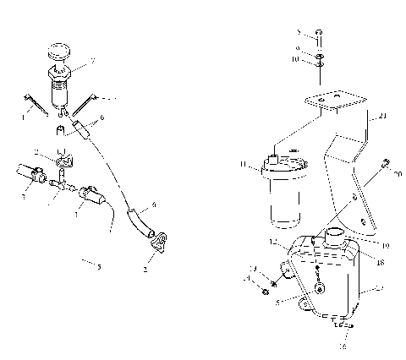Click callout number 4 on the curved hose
(153, 204)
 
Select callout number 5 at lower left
(100, 267)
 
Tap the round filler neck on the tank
(335, 232)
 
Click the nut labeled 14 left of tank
(266, 293)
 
